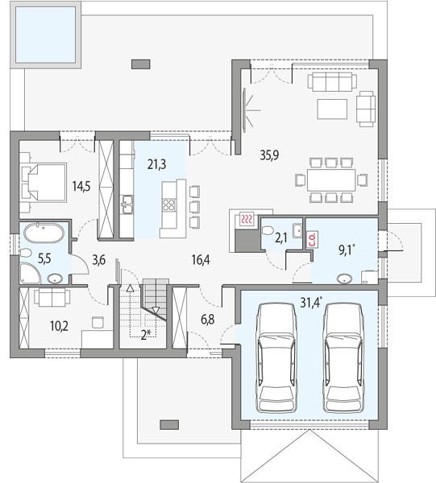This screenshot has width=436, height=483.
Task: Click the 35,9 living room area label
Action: [269, 155]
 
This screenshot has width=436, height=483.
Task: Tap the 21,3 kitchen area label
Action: [156, 164]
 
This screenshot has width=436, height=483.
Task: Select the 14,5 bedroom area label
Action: [81, 187]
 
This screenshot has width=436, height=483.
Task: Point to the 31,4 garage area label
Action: [311, 303]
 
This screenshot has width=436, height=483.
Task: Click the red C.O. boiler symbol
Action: [311, 239]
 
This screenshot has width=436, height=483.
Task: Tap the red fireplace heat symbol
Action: [247, 219]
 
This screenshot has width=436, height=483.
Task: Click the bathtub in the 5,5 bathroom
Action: [44, 233]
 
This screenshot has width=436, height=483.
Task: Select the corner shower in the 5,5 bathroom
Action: [30, 273]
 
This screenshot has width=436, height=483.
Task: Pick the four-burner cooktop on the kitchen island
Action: [169, 204]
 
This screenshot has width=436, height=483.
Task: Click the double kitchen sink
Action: [127, 204]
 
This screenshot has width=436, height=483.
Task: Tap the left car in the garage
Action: [276, 357]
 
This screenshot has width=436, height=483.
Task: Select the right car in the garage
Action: [343, 357]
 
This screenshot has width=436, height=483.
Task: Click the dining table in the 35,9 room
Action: [331, 180]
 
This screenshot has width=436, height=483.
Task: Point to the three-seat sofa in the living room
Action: [332, 82]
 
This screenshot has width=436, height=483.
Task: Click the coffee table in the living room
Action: [332, 109]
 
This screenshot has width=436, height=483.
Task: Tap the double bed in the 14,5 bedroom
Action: [44, 183]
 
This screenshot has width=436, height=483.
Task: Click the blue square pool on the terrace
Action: [45, 35]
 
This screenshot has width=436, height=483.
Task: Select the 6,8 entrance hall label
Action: [207, 320]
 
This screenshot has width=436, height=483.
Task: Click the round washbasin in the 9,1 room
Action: [344, 279]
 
